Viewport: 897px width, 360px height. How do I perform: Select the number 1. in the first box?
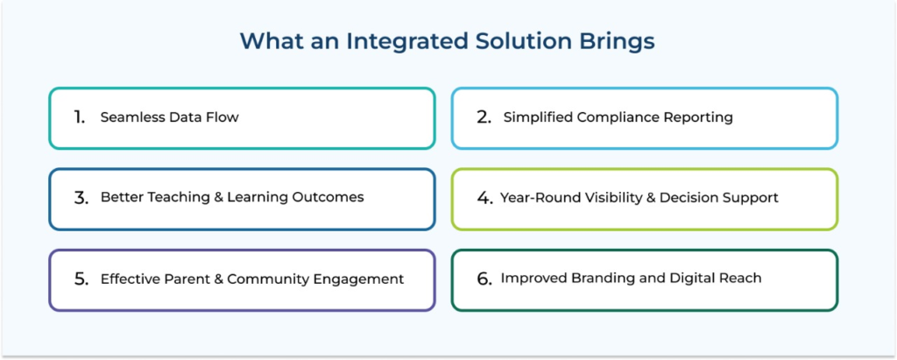(80, 117)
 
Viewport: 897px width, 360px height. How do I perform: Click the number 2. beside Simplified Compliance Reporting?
(484, 117)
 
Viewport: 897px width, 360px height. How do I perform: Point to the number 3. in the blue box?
(81, 198)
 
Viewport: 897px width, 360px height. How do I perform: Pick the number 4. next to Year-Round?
(485, 198)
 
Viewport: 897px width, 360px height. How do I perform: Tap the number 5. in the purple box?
(81, 279)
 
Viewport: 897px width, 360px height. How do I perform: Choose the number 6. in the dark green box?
(484, 279)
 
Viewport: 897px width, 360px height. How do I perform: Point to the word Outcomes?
(335, 197)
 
